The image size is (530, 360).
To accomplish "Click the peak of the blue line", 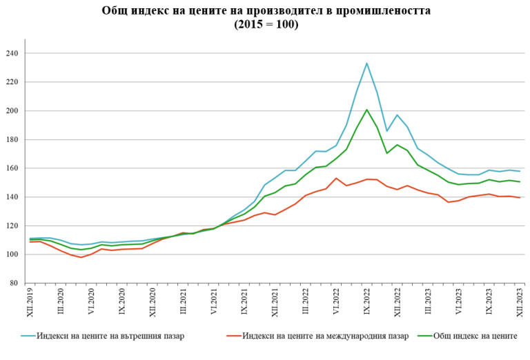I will point(366,63).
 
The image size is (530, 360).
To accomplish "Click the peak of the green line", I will point(366,110).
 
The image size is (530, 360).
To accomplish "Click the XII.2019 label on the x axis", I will point(30,303).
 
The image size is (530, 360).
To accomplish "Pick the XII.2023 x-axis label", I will point(520,303).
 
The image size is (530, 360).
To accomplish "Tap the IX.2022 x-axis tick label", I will point(366,303).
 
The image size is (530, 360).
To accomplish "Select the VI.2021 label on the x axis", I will point(213,303).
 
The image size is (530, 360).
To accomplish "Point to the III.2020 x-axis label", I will point(61,303).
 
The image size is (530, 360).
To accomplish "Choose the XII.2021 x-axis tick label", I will point(275,303).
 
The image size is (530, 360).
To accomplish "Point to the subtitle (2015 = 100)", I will point(266,24).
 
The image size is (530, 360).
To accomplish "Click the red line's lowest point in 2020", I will point(81,257).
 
